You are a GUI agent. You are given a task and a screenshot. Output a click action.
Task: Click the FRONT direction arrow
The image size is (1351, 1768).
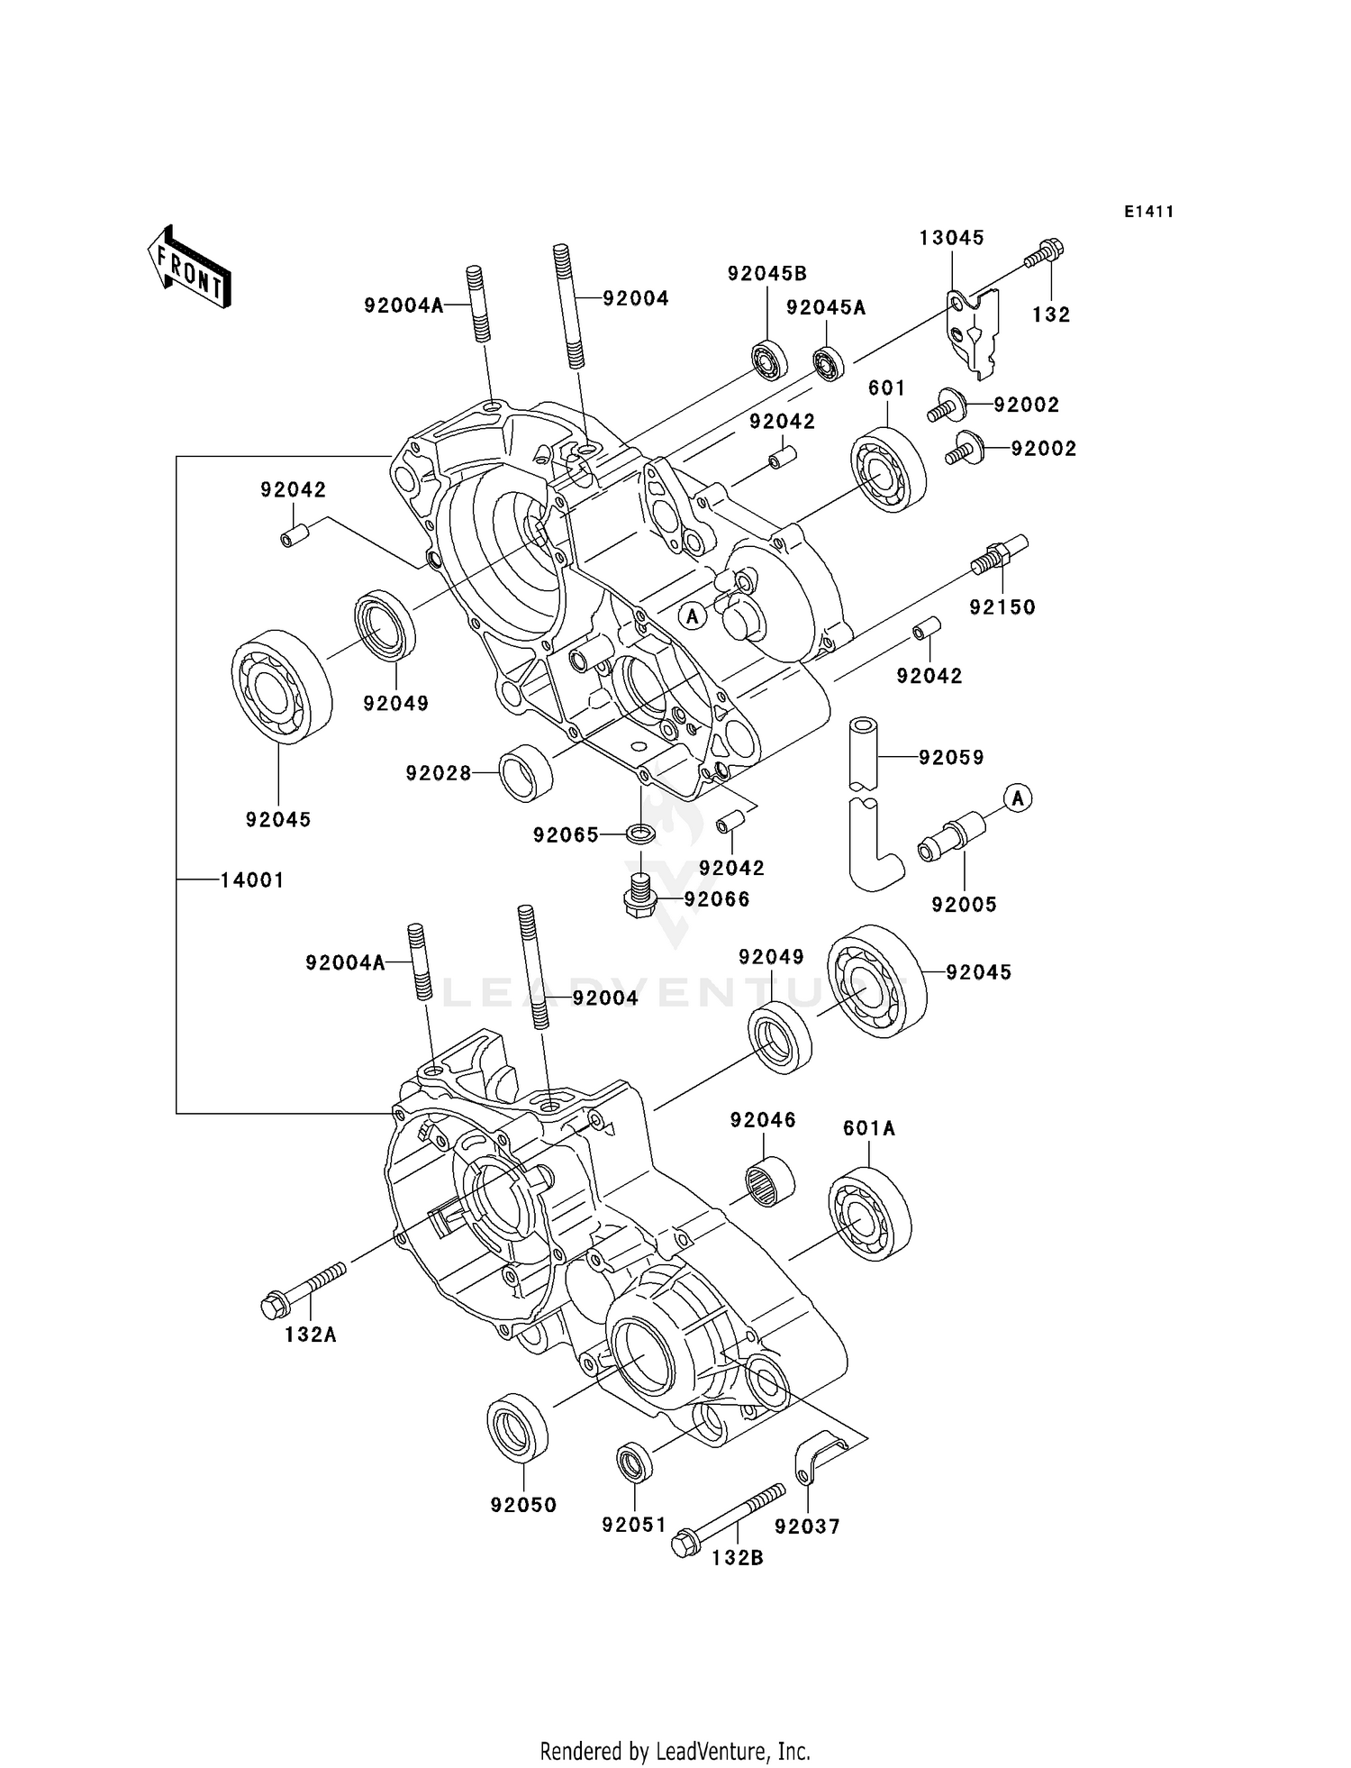tap(188, 269)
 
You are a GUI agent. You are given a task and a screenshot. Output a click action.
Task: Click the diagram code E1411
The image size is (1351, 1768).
tap(1148, 212)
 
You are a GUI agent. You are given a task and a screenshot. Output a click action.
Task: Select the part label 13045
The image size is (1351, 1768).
tap(951, 238)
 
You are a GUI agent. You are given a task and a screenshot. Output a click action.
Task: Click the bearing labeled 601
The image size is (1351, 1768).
tap(888, 472)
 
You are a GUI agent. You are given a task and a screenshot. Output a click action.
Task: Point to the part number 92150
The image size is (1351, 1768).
tap(1002, 607)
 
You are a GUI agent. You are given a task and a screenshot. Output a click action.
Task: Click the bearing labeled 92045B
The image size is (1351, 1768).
tap(769, 360)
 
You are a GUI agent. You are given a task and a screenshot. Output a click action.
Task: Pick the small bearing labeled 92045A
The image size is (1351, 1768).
tap(828, 363)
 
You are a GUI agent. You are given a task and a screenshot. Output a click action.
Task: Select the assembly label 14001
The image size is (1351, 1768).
tap(252, 879)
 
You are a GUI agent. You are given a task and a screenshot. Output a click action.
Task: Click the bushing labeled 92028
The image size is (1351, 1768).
tap(526, 773)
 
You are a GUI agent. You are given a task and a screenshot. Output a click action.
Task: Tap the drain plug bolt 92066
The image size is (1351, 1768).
tap(638, 895)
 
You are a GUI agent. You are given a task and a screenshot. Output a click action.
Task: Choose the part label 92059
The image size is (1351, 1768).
tap(951, 758)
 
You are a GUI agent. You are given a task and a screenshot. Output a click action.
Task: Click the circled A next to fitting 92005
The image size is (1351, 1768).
tap(1018, 797)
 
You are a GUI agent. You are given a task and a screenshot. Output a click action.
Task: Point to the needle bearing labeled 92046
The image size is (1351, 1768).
tap(770, 1182)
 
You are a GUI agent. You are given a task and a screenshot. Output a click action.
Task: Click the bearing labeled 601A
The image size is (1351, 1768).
tap(869, 1213)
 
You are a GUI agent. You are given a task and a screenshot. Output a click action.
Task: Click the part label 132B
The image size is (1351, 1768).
tap(737, 1557)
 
